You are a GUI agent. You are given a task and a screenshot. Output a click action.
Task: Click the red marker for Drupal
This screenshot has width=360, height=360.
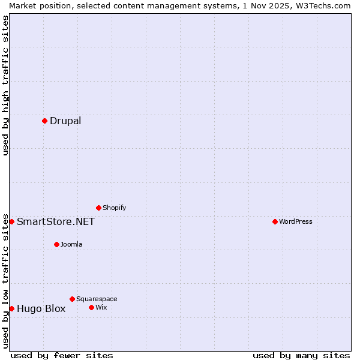[x=45, y=121]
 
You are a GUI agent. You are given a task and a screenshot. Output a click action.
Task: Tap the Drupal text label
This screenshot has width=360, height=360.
[x=65, y=121]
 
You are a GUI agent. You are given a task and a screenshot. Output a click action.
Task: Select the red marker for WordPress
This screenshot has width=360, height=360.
[x=275, y=221]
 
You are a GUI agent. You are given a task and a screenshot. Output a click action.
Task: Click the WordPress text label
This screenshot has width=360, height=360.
[x=296, y=221]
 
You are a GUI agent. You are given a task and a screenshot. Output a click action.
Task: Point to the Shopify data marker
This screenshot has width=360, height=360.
[x=98, y=208]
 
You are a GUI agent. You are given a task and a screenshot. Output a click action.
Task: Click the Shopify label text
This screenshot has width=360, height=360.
[x=114, y=208]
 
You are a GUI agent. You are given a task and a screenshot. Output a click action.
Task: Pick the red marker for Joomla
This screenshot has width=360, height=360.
[x=56, y=244]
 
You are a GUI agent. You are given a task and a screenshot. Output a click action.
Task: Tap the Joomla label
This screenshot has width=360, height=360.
[x=71, y=244]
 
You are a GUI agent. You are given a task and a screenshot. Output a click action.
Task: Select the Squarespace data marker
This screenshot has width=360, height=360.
[x=72, y=299]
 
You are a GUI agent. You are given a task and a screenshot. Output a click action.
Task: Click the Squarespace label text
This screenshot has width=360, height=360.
[x=97, y=299]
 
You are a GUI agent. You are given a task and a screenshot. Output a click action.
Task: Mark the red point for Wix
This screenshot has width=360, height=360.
[x=91, y=307]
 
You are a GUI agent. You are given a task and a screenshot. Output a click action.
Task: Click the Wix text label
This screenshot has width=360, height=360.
[x=101, y=307]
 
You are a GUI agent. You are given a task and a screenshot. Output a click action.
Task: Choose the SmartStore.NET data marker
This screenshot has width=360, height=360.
[x=11, y=221]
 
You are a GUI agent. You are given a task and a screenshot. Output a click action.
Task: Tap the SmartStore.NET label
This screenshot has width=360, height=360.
[x=56, y=221]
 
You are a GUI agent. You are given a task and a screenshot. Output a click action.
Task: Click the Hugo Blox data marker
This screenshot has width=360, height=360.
[x=11, y=308]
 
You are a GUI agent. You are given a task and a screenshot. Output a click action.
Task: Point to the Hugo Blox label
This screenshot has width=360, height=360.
[x=41, y=309]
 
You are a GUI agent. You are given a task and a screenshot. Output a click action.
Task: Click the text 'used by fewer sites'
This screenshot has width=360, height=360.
[x=62, y=355]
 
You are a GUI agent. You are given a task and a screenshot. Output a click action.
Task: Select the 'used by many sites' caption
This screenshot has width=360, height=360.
[x=301, y=355]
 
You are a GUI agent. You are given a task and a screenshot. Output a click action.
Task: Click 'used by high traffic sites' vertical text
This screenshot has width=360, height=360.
[x=6, y=85]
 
